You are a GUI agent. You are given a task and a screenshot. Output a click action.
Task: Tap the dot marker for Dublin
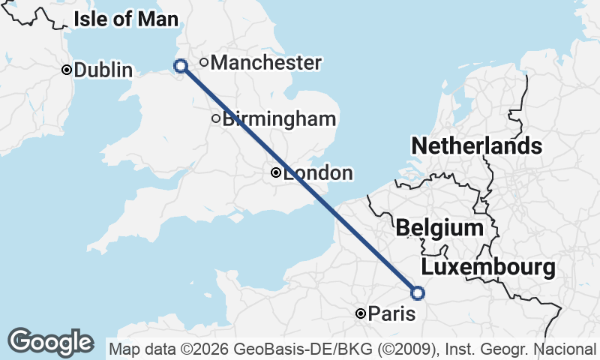[67, 70]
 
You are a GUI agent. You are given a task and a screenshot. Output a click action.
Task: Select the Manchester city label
[265, 63]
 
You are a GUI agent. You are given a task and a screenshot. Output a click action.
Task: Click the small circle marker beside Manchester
[204, 62]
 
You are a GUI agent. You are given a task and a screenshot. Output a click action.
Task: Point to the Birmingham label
[279, 118]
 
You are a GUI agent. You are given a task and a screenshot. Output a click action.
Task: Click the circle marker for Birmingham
[216, 118]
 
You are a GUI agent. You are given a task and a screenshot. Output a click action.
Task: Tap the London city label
[318, 173]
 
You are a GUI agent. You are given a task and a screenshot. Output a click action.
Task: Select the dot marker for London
[276, 173]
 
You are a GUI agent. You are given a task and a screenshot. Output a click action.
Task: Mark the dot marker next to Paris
[361, 313]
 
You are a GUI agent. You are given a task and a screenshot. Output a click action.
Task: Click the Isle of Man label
[126, 19]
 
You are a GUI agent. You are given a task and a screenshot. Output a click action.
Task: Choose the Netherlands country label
[476, 145]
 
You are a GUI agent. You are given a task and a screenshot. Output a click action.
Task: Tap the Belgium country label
[439, 227]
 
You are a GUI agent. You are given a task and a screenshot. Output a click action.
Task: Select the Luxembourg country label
[488, 267]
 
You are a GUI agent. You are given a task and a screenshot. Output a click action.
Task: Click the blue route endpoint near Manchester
[181, 66]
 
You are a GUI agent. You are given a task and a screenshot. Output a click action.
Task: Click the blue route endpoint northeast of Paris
[418, 293]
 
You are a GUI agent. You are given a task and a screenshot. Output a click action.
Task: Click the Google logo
[50, 342]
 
